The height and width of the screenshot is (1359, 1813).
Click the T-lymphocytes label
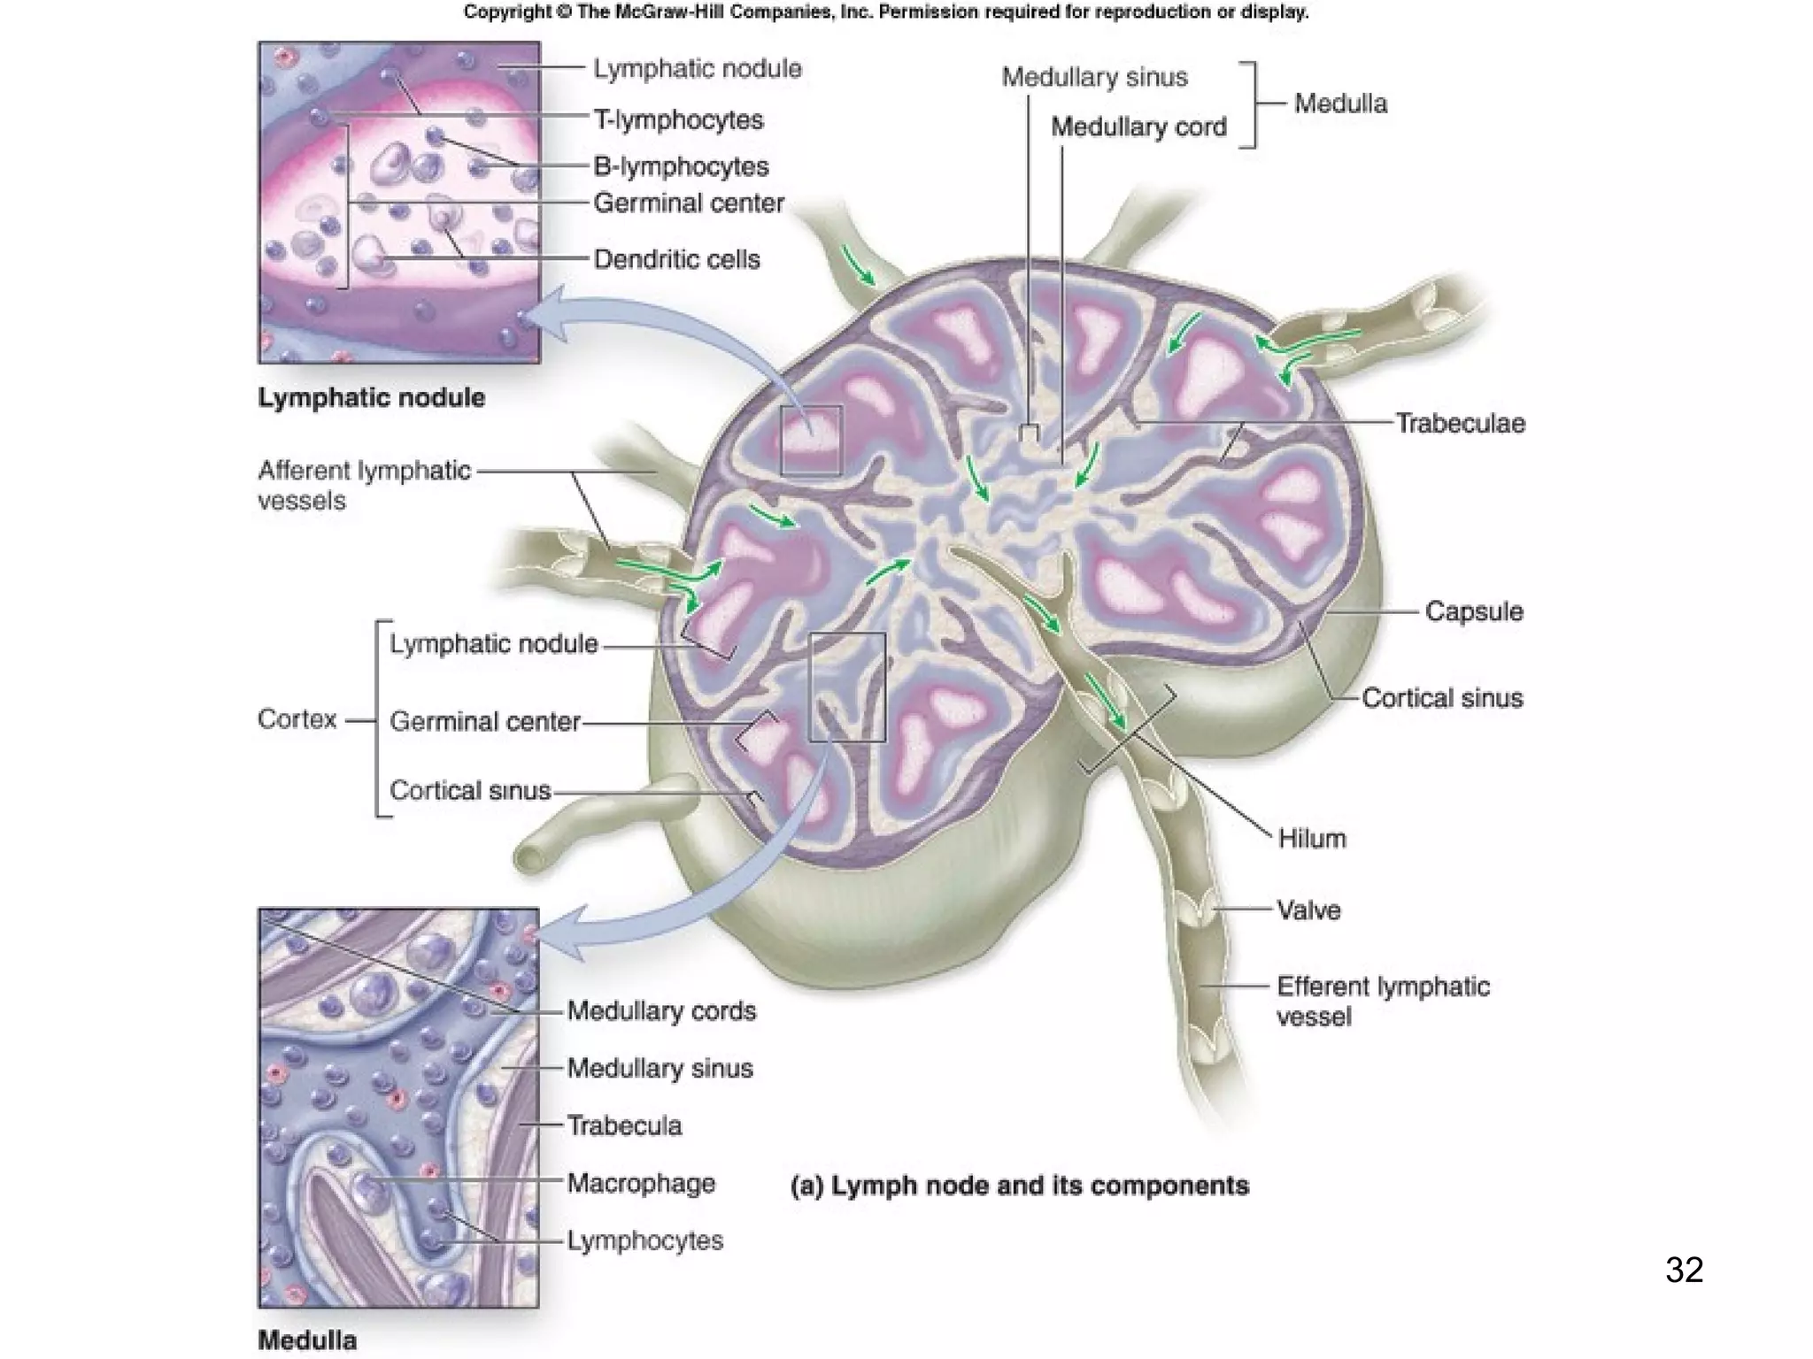pyautogui.click(x=677, y=119)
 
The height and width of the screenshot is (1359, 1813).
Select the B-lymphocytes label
pyautogui.click(x=680, y=166)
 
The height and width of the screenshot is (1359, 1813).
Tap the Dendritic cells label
pyautogui.click(x=676, y=259)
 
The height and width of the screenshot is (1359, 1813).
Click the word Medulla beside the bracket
pyautogui.click(x=1339, y=104)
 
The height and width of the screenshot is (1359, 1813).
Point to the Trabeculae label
pyautogui.click(x=1460, y=423)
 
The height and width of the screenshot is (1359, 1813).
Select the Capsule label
pyautogui.click(x=1473, y=611)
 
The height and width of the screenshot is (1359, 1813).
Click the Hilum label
pyautogui.click(x=1311, y=838)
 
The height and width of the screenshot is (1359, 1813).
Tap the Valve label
pyautogui.click(x=1308, y=910)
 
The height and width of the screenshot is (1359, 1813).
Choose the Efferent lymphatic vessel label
pyautogui.click(x=1382, y=1001)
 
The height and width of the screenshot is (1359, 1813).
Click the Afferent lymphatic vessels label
pyautogui.click(x=363, y=485)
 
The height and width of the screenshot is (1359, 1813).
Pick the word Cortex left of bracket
pyautogui.click(x=297, y=718)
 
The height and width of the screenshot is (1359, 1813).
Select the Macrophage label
pyautogui.click(x=640, y=1183)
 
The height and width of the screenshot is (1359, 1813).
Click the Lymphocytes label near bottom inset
pyautogui.click(x=644, y=1240)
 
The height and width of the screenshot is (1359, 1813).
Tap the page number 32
pyautogui.click(x=1684, y=1270)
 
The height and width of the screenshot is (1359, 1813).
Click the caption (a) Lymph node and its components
pyautogui.click(x=1019, y=1186)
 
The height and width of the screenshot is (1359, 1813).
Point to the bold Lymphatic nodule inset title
pyautogui.click(x=371, y=397)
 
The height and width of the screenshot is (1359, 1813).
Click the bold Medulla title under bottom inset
pyautogui.click(x=307, y=1340)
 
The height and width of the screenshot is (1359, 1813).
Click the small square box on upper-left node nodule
pyautogui.click(x=810, y=440)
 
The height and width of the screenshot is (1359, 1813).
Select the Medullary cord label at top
pyautogui.click(x=1138, y=127)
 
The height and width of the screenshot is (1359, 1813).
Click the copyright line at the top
pyautogui.click(x=885, y=12)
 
